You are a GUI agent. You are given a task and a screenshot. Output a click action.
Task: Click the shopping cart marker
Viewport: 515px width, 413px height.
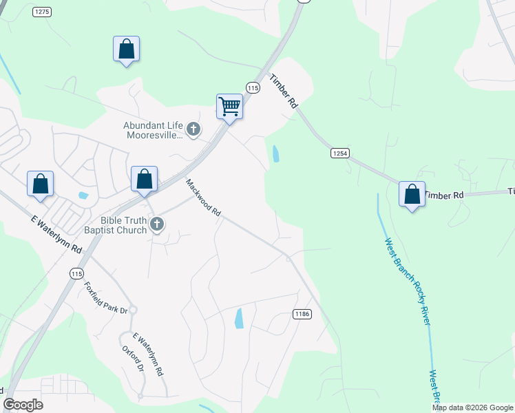pyautogui.click(x=229, y=107)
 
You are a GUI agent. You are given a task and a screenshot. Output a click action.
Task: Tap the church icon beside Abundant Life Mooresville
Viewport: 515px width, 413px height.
pyautogui.click(x=194, y=128)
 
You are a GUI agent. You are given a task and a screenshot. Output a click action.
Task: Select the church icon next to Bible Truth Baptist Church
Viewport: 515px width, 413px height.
pyautogui.click(x=158, y=223)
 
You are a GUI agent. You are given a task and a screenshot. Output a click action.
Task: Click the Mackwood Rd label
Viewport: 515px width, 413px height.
pyautogui.click(x=203, y=199)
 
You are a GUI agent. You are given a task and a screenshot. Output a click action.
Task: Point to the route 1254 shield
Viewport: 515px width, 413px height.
pyautogui.click(x=338, y=152)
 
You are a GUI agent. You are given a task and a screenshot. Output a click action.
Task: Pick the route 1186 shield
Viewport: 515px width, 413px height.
pyautogui.click(x=302, y=314)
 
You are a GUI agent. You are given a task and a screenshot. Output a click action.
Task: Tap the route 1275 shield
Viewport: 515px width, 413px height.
pyautogui.click(x=41, y=12)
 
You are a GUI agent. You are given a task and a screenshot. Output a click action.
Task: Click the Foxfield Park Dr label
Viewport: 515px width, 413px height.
pyautogui.click(x=106, y=298)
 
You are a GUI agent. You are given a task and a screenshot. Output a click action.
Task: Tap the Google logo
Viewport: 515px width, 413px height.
pyautogui.click(x=23, y=405)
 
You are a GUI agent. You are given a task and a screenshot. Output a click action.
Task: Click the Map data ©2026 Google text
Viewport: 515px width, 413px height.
pyautogui.click(x=473, y=407)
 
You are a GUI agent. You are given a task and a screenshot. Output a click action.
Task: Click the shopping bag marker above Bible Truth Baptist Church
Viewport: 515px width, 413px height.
pyautogui.click(x=145, y=180)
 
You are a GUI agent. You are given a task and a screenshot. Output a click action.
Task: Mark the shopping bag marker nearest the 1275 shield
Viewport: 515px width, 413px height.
pyautogui.click(x=126, y=49)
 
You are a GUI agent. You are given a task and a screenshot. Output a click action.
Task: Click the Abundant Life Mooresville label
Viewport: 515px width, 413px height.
pyautogui.click(x=153, y=130)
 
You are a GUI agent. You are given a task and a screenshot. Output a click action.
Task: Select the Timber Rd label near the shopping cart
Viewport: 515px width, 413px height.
pyautogui.click(x=283, y=91)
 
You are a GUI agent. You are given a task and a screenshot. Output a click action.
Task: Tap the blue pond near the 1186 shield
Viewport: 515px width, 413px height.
pyautogui.click(x=239, y=318)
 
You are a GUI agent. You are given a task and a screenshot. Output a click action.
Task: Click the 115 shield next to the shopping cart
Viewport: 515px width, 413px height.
pyautogui.click(x=253, y=88)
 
